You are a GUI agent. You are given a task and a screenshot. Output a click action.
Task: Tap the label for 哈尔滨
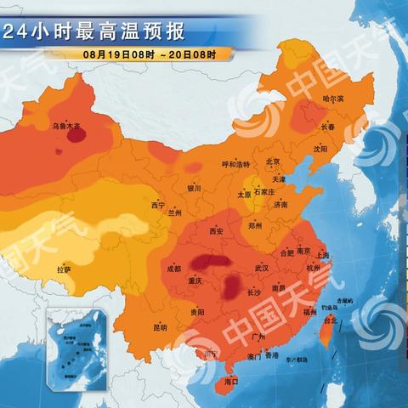point(335,99)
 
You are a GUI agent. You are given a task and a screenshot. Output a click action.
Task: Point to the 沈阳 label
point(319,148)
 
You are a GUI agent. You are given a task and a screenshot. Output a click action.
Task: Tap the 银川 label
point(194,189)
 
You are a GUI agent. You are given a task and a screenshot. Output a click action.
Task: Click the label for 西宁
point(158,205)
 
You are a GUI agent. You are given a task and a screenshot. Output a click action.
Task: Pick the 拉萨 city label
point(64,269)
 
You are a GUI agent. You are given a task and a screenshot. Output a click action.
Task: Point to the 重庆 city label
point(197,280)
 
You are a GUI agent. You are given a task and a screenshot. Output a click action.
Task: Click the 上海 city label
point(322,255)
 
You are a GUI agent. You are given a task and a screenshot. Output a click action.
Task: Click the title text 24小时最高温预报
point(93,33)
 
